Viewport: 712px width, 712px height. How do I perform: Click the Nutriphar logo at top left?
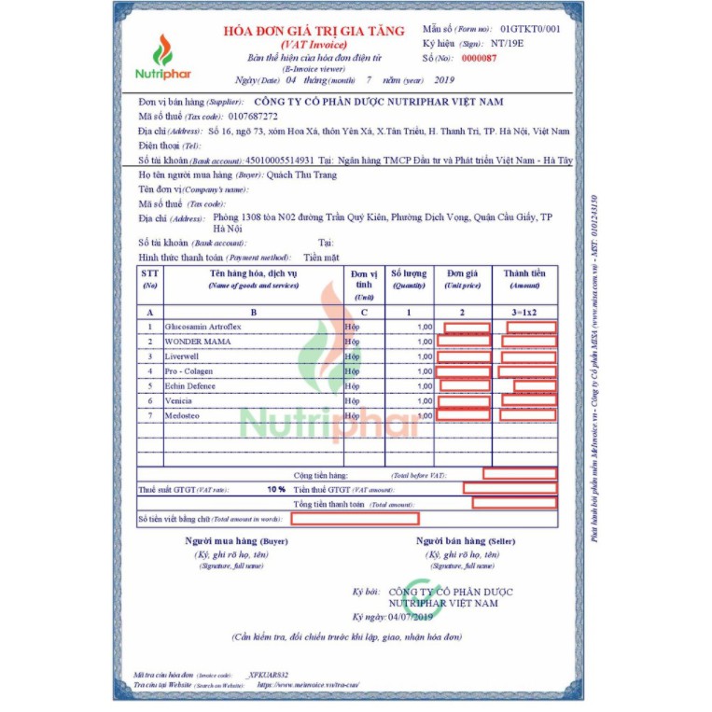tap(162, 56)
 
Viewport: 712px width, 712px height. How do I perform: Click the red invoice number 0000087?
tap(480, 58)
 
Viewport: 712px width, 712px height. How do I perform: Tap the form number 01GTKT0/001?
tap(530, 30)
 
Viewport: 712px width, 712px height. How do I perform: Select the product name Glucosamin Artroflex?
tap(202, 328)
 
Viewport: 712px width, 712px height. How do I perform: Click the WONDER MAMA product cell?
tap(197, 342)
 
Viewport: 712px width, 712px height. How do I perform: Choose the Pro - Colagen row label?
tap(188, 371)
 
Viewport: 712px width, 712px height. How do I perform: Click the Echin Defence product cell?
tap(189, 385)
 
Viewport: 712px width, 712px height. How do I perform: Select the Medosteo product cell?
tap(182, 414)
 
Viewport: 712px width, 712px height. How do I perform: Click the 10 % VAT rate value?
tap(276, 489)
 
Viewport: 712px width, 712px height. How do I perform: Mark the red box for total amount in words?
tap(355, 519)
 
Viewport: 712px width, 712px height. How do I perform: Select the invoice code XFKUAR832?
tap(269, 674)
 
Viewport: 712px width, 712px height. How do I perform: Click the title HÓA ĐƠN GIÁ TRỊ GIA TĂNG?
tap(314, 31)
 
